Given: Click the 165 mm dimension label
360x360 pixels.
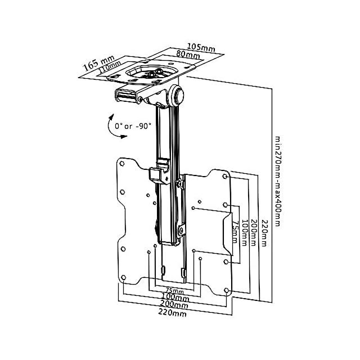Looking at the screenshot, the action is point(98,63).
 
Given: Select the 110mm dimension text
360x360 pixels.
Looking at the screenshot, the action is point(110,67).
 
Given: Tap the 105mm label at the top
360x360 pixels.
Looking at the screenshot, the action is point(201,47).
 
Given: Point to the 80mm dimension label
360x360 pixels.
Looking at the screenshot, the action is point(188,55).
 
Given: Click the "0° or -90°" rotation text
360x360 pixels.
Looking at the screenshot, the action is point(133,126).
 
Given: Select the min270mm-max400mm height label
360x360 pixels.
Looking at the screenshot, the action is point(278,181).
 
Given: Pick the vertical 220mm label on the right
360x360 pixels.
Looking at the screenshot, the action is point(264,233).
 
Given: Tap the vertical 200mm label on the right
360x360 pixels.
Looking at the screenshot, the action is point(253,232).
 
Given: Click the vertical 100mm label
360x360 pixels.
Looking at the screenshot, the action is point(245,233).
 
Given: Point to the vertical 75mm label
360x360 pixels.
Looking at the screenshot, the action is point(236,232).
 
